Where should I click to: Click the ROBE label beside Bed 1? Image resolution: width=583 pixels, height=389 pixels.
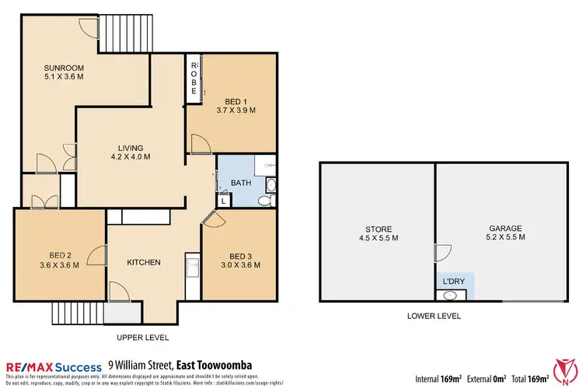pos(194,75)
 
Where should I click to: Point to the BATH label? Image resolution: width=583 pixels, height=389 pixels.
pos(241,183)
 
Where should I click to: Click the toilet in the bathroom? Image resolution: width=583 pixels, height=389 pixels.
pos(264,201)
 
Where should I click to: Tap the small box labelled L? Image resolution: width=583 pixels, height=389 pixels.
pos(223,201)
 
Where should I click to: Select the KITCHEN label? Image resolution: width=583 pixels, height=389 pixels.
pos(144,262)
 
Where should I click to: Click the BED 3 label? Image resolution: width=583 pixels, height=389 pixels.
pos(240,255)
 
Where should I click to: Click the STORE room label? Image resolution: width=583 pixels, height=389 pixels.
pos(377,228)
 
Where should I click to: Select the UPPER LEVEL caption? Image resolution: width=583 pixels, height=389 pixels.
pos(142,337)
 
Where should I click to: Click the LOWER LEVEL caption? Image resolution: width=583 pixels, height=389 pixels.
pos(434,316)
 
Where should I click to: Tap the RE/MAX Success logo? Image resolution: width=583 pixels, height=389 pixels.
pos(54,365)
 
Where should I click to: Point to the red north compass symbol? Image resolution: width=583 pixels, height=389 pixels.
pos(565,370)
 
